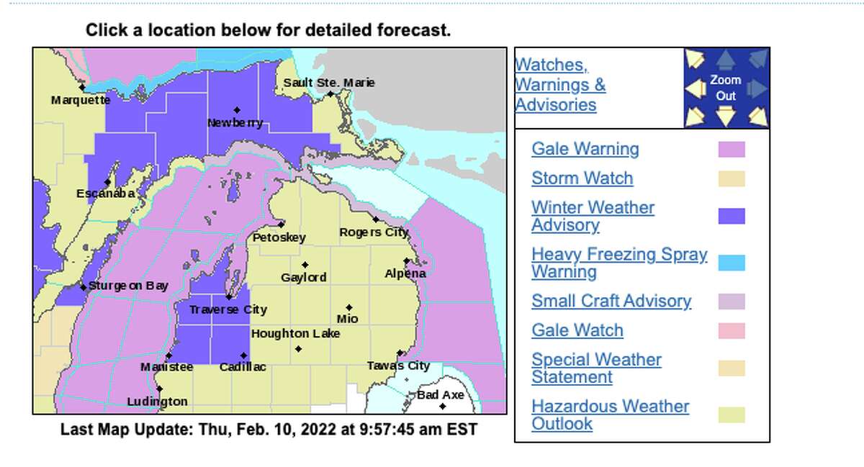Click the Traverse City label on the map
click(228, 309)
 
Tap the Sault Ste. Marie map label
click(328, 83)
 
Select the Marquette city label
click(81, 100)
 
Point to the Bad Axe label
click(441, 395)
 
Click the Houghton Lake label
click(295, 334)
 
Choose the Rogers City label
click(374, 232)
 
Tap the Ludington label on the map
click(157, 402)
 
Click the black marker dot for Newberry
click(236, 110)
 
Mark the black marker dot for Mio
click(348, 307)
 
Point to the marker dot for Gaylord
click(305, 265)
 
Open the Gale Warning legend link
click(585, 149)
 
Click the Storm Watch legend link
click(582, 178)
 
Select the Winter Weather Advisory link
click(593, 216)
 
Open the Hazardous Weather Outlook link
click(610, 414)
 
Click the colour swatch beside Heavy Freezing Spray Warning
click(732, 263)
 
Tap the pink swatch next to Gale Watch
click(732, 330)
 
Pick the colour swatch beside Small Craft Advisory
click(732, 301)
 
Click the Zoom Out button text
click(725, 88)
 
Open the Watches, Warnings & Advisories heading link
click(559, 85)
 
